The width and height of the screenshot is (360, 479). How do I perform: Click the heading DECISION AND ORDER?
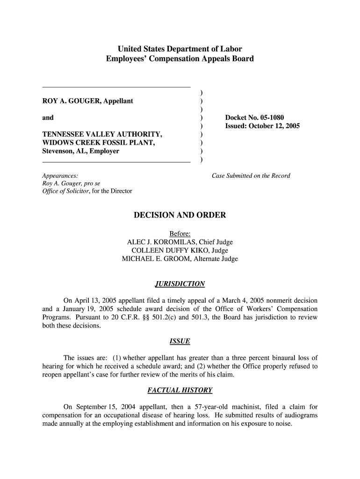coord(180,215)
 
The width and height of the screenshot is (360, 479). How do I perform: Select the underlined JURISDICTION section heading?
coord(180,284)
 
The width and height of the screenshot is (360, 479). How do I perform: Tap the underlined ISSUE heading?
coord(180,341)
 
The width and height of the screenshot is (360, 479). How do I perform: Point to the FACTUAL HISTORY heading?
coord(180,390)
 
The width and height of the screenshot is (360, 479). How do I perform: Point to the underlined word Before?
coord(180,233)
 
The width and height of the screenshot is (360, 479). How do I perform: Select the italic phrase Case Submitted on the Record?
coord(251,176)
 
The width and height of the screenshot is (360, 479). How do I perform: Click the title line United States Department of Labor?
coord(180,49)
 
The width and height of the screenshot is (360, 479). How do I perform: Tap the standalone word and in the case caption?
coord(48,118)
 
